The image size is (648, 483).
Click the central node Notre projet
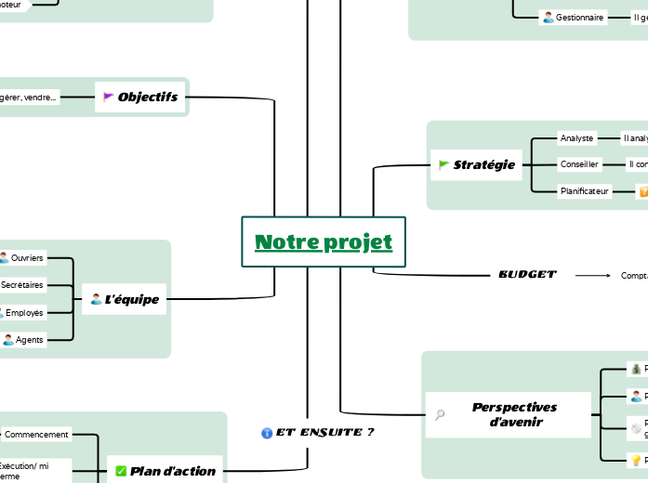coord(324,242)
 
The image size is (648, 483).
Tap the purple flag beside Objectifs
coord(108,97)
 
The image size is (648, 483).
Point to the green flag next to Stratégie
coord(443,164)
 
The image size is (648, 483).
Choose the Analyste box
coord(576,138)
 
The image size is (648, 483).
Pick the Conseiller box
coord(578,164)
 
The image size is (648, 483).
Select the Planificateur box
coord(584,191)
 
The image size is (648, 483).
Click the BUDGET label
coord(527,275)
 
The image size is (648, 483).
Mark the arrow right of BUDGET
coord(592,275)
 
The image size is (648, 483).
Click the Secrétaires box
coord(22,284)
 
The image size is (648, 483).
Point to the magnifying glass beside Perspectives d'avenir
coord(441,415)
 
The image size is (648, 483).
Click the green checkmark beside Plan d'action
coord(121,471)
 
